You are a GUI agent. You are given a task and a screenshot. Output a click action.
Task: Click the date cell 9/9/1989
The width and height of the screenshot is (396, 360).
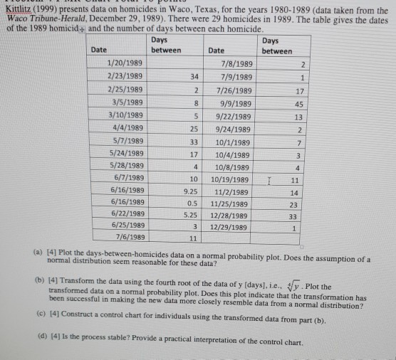coord(233,102)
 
